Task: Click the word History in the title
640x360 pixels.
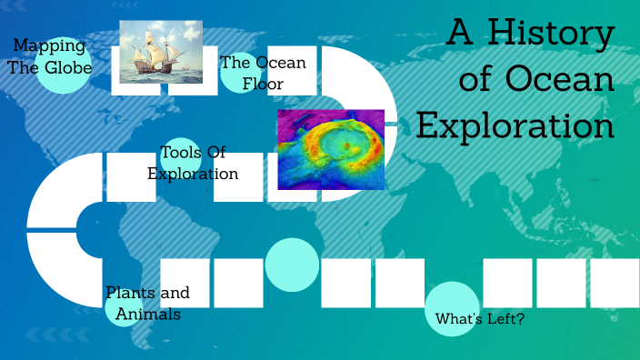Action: coord(552,34)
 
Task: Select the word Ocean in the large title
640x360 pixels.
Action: coord(559,80)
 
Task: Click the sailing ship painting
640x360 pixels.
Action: coord(161,52)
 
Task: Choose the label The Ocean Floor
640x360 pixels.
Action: coord(263,73)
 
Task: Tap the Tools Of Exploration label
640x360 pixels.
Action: coord(193,163)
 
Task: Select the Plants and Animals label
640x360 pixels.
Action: coord(147,303)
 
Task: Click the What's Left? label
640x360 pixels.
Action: coord(480,319)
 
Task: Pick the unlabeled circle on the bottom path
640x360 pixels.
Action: coord(292,265)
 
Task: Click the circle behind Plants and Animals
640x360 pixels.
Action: coord(123,307)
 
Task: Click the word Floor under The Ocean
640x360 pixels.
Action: coord(263,84)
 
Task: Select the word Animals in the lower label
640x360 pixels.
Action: coord(147,314)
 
